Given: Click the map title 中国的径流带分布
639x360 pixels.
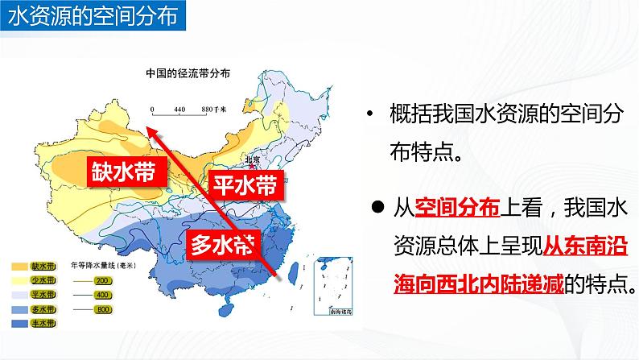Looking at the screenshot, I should point(187,72).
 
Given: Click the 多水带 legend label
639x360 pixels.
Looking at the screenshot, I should point(43,310).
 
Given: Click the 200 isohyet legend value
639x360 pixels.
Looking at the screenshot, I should point(102,281).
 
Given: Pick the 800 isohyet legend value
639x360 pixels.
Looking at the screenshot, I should point(102,310).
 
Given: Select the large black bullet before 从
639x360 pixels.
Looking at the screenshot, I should point(376,206).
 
